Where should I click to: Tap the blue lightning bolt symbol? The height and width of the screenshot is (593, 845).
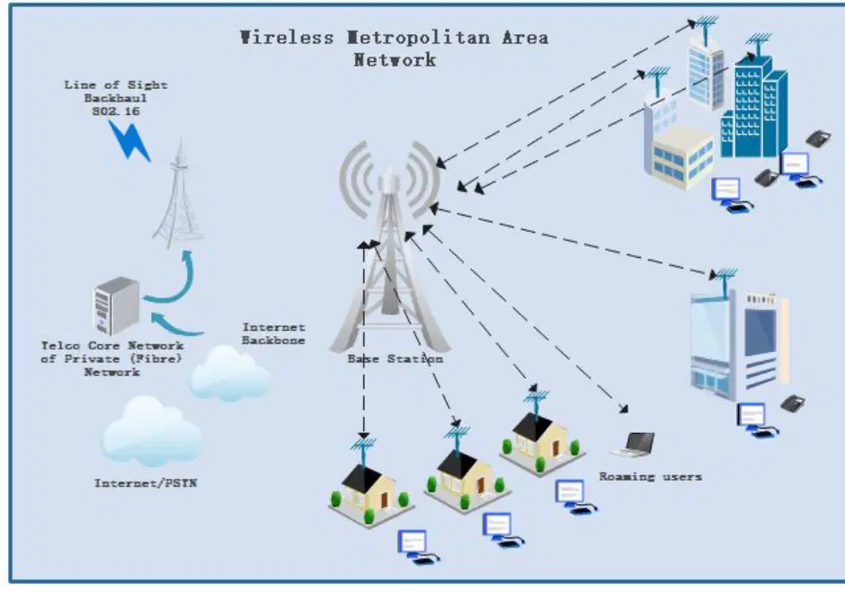point(129,140)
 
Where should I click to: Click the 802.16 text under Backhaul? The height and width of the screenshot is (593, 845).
point(116,111)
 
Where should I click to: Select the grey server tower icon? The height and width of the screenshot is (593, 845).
point(116,305)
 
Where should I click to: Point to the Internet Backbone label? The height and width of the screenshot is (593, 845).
point(273,334)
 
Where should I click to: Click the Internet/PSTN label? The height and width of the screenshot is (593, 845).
point(146,483)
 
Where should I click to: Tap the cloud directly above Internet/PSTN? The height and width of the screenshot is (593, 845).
point(151,431)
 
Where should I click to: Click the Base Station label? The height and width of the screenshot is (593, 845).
point(395,358)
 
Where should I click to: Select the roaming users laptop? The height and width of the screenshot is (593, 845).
point(635,445)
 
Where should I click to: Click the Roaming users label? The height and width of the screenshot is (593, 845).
point(651,477)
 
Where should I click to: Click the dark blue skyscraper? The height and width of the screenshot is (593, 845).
point(754,105)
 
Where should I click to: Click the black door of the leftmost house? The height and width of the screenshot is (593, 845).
point(384,500)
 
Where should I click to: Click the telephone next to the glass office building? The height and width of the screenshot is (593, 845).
point(793,403)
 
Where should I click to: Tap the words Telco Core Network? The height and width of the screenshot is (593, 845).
point(112,346)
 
